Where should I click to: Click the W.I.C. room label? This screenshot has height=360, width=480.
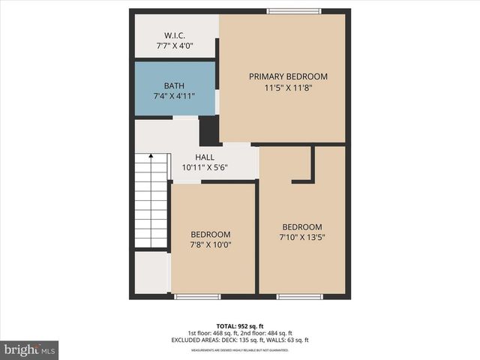click(174, 36)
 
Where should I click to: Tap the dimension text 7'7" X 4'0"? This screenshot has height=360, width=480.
click(174, 46)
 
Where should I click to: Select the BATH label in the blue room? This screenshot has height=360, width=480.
click(174, 86)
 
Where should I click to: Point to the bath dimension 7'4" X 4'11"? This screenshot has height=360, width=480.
click(174, 97)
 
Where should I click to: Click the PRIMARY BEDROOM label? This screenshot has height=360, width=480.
click(288, 76)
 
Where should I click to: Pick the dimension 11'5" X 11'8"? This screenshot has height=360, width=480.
click(288, 87)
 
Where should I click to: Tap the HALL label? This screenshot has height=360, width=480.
click(205, 157)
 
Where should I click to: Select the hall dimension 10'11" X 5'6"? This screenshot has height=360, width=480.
click(205, 168)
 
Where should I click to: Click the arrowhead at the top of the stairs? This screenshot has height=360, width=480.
click(151, 157)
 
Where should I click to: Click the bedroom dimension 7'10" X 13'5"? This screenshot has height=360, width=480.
click(302, 238)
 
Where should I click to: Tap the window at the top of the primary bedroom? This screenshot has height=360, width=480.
click(294, 11)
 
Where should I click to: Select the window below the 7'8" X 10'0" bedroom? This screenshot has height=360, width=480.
click(197, 297)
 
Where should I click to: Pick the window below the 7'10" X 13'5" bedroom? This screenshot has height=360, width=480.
click(300, 297)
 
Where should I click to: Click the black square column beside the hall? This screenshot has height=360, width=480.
click(209, 130)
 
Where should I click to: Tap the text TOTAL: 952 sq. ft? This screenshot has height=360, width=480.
click(239, 326)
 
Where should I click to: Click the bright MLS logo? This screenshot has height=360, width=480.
click(29, 349)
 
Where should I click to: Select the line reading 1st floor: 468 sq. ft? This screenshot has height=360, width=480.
click(213, 333)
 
